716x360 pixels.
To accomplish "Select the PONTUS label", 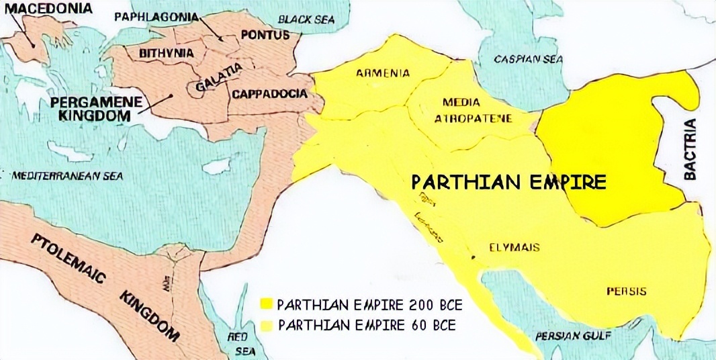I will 264,35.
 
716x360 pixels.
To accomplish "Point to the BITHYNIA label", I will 166,52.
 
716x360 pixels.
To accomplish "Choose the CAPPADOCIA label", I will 269,94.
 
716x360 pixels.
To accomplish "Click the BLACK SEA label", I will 306,19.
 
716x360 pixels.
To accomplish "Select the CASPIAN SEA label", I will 528,59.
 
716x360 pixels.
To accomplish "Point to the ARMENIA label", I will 382,73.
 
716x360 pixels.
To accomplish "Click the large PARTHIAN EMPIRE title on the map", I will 508,182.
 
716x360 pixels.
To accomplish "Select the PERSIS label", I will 626,291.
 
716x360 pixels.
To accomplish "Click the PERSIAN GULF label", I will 568,335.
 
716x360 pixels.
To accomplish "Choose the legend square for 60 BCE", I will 267,325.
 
